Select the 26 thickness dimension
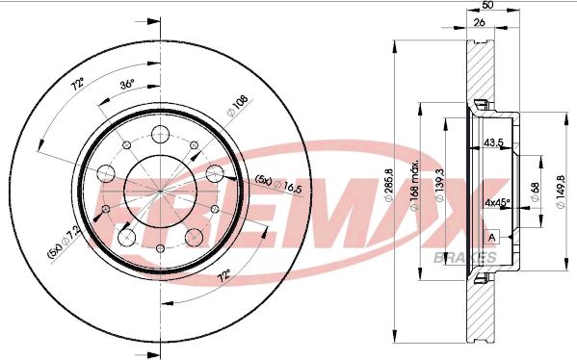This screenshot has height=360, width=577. point(478,23)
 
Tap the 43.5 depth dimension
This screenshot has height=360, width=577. point(494,142)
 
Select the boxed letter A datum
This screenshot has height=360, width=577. point(493,237)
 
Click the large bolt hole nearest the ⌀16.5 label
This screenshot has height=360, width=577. point(218,174)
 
